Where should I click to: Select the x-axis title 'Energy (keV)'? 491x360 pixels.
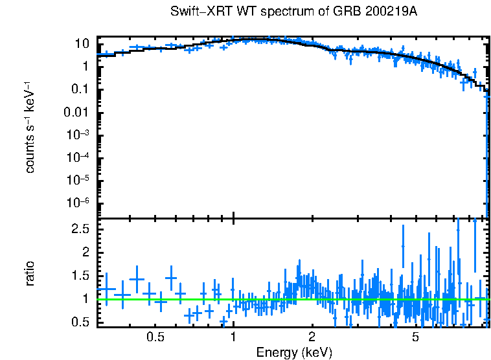294,352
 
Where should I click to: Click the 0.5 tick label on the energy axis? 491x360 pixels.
155,337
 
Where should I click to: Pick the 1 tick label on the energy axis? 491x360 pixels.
233,337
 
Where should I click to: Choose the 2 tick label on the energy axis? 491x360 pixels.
312,337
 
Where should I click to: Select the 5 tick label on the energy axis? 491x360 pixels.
415,337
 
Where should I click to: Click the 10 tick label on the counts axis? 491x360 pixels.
82,44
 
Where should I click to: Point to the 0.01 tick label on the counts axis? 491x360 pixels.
77,112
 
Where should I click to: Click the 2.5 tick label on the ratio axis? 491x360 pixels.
80,229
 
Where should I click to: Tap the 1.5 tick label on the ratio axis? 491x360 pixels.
80,276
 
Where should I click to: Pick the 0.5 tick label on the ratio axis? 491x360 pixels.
80,322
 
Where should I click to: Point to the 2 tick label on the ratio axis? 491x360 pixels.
85,253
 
